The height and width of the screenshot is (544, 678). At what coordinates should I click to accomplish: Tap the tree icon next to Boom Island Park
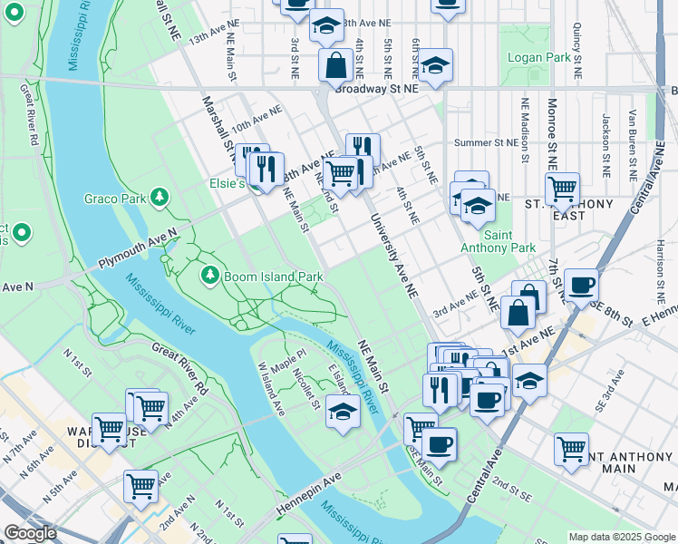coord(210,274)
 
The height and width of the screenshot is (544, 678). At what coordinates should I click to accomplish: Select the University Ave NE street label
coord(390,247)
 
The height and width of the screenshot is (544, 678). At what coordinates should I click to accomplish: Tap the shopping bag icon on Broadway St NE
coord(335,65)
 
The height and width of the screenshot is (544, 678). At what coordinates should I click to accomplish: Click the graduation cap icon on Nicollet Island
coord(343,413)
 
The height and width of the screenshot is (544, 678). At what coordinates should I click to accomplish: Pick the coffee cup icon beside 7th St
coord(581,285)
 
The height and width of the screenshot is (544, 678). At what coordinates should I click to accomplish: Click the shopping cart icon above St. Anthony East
coord(562,189)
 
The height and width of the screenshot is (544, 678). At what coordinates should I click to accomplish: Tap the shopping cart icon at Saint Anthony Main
coord(572,449)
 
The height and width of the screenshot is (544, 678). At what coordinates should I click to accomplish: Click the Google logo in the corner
coord(30,533)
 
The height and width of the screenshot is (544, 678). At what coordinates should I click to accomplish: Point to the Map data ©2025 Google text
coord(622,537)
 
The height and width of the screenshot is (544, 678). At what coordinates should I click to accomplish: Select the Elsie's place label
coord(229,183)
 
